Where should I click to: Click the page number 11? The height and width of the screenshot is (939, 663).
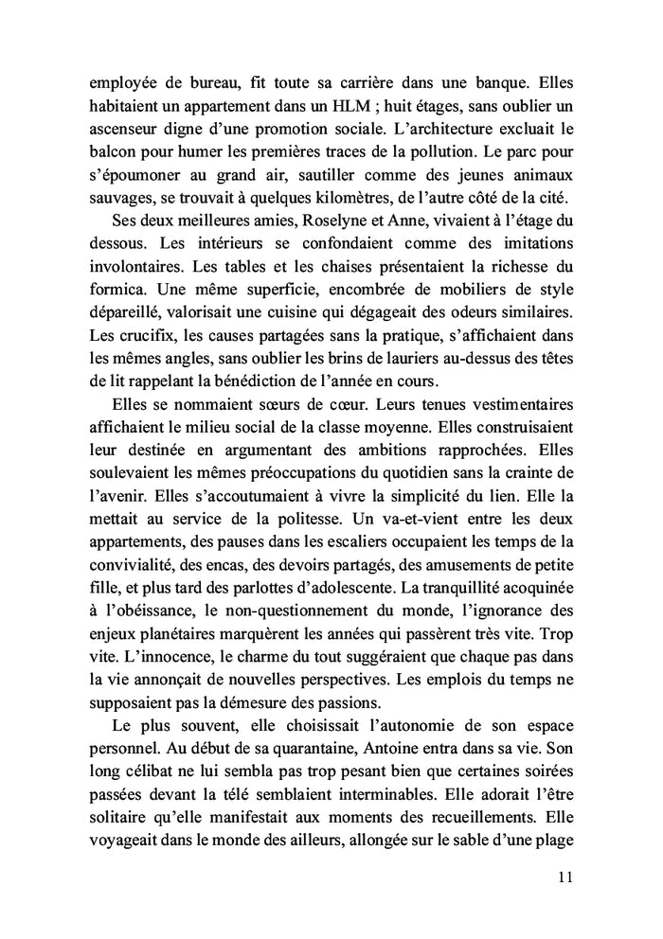click(x=564, y=877)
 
